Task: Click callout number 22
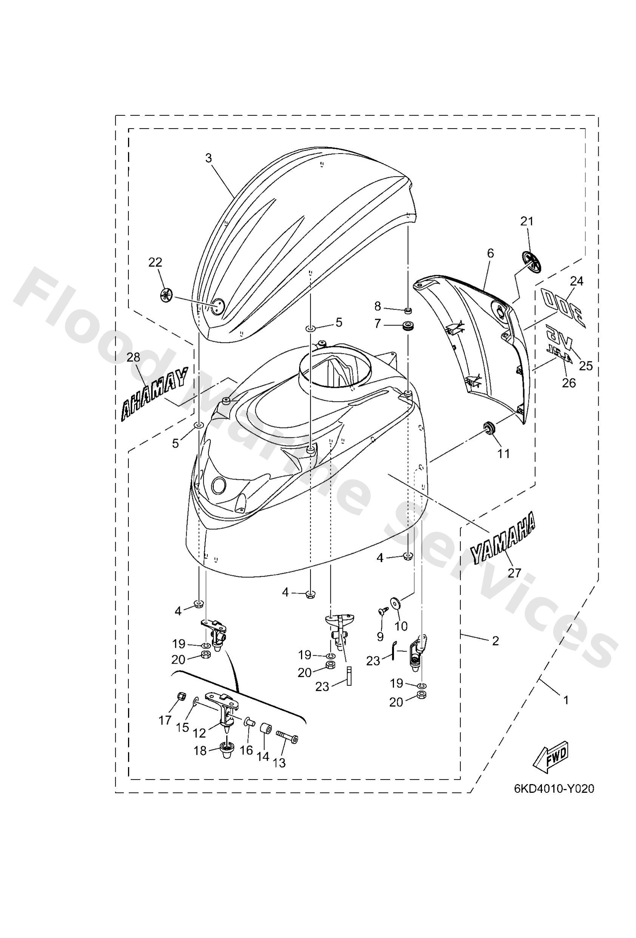point(155,262)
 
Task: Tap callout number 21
point(527,221)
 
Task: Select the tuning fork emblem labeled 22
point(166,295)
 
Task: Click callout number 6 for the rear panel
point(491,253)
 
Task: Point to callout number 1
point(566,701)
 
